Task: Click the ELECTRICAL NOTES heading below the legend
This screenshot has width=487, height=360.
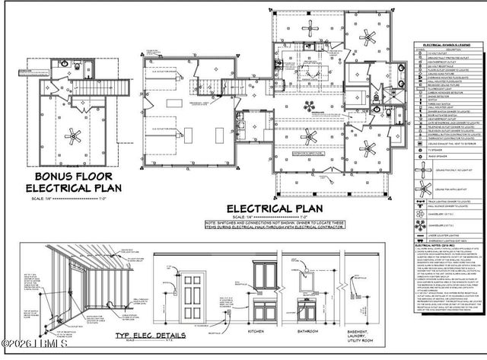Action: click(x=431, y=246)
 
